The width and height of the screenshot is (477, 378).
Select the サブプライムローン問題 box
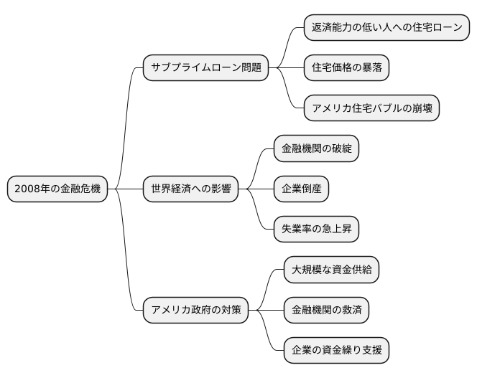pyautogui.click(x=206, y=68)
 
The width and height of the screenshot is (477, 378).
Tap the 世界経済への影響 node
pyautogui.click(x=190, y=189)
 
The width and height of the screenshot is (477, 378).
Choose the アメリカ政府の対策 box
pyautogui.click(x=196, y=311)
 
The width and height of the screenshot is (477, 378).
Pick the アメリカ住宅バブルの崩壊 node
pyautogui.click(x=371, y=108)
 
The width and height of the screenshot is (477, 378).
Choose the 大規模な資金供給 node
pyautogui.click(x=331, y=270)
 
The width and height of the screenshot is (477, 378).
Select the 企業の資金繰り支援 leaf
pyautogui.click(x=336, y=351)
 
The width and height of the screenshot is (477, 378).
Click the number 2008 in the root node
pyautogui.click(x=27, y=189)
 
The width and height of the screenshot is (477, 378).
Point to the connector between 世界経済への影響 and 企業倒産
pyautogui.click(x=256, y=189)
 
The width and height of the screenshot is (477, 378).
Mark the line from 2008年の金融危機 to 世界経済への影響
pyautogui.click(x=125, y=189)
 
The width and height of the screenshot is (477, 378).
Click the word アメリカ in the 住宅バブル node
pyautogui.click(x=331, y=108)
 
